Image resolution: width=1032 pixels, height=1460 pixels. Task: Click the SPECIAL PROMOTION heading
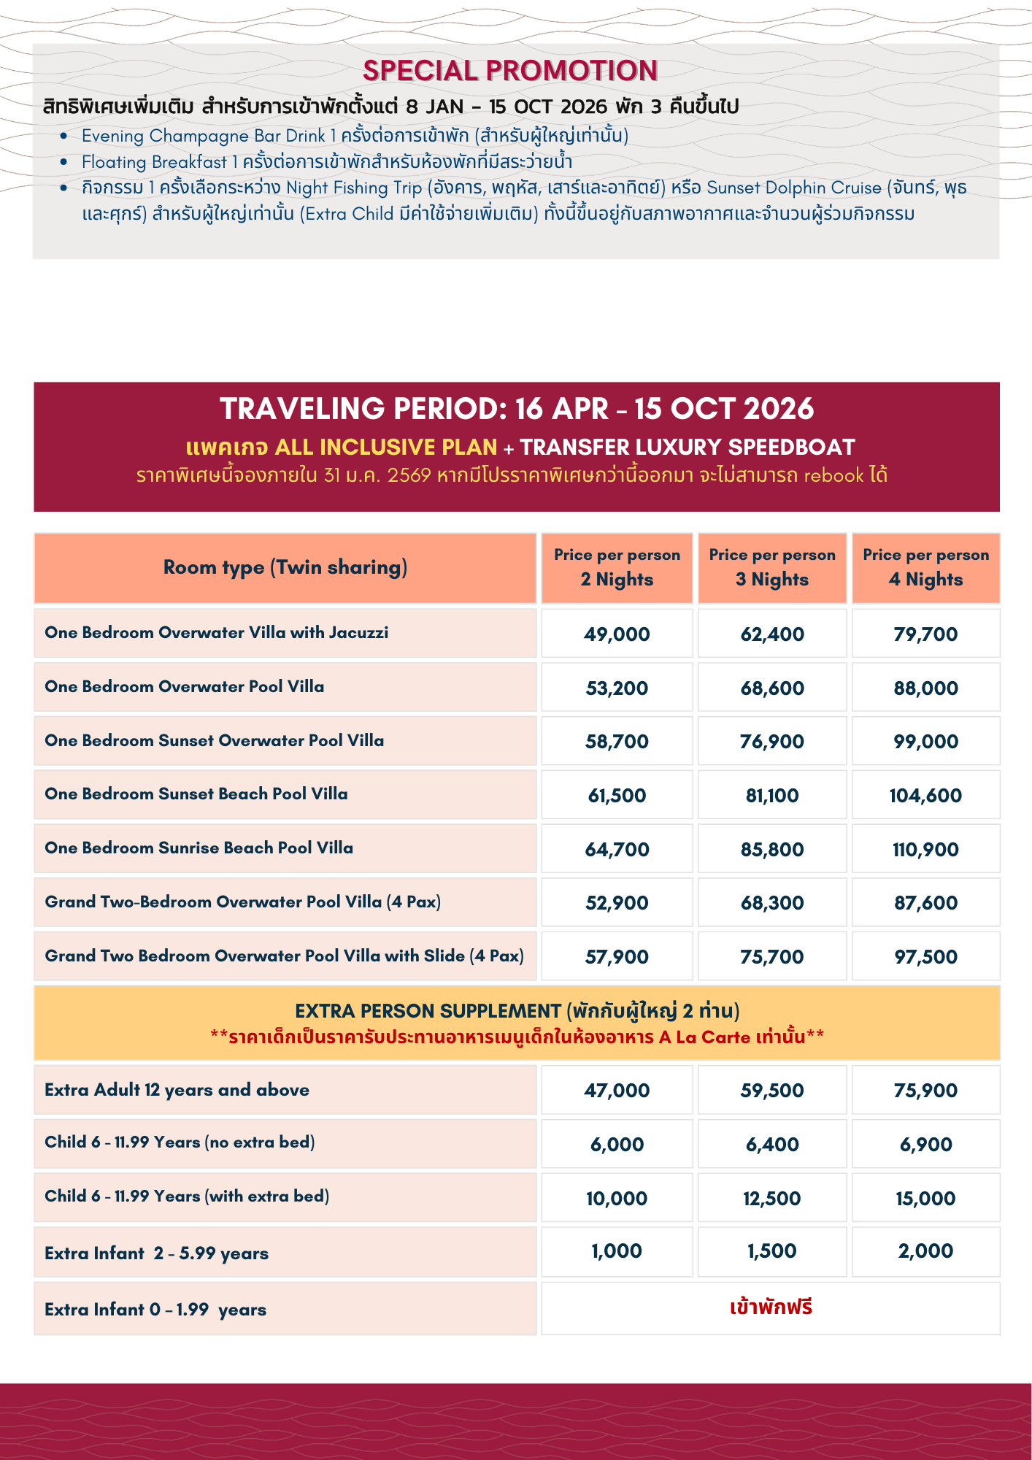(x=510, y=71)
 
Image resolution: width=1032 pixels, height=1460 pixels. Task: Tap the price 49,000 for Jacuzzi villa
(x=617, y=634)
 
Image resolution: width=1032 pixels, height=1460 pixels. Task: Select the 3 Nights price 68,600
(x=772, y=688)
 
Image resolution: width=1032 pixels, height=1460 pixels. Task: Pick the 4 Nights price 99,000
(x=925, y=742)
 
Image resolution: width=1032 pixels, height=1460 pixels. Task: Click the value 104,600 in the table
(x=925, y=796)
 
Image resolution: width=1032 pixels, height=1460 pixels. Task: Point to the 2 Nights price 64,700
(x=617, y=850)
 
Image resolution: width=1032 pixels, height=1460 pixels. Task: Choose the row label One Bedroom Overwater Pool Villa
(x=185, y=686)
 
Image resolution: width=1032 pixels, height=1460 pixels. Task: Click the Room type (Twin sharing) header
(x=285, y=567)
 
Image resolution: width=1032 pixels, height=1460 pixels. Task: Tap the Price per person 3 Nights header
(x=772, y=567)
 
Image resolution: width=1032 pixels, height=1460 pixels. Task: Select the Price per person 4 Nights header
(x=925, y=567)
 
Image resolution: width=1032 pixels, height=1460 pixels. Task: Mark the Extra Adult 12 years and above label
(x=177, y=1090)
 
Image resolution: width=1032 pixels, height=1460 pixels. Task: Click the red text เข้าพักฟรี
(x=771, y=1307)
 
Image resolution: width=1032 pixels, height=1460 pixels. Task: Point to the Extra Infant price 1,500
(x=772, y=1251)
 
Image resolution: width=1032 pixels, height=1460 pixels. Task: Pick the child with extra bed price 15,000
(x=925, y=1199)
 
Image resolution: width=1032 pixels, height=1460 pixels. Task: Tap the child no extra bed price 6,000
(x=617, y=1145)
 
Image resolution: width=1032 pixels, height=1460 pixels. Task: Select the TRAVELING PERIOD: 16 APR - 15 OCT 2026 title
(x=517, y=409)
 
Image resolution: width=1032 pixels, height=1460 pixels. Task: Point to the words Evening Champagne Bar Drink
(x=203, y=136)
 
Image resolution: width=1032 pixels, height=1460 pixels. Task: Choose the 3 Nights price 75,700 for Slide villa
(x=772, y=957)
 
